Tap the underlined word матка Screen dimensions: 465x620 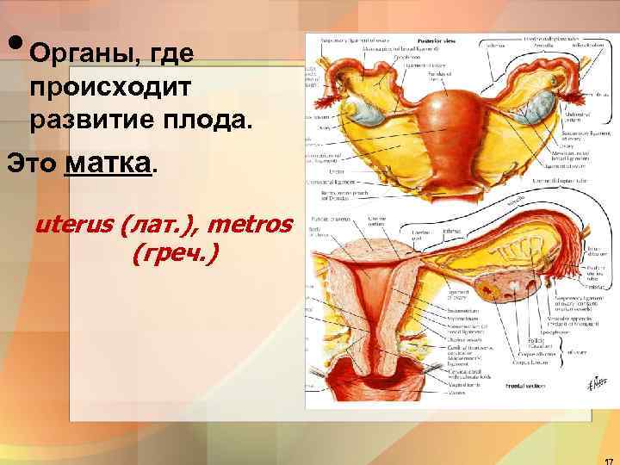point(110,161)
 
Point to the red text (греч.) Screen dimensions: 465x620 point(176,253)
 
